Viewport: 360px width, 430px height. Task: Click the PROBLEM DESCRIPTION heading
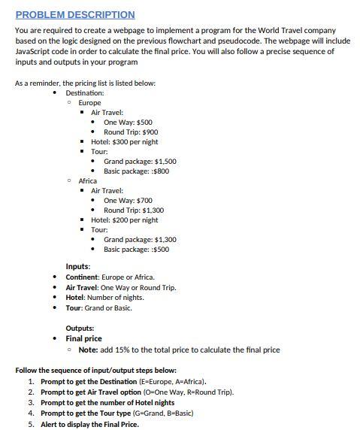75,14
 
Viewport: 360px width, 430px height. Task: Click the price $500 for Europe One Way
144,122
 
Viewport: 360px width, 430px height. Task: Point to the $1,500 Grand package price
166,161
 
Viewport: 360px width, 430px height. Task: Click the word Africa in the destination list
88,180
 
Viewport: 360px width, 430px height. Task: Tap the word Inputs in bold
78,267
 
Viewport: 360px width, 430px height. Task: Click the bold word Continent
82,277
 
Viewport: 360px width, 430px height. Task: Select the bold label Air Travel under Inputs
82,287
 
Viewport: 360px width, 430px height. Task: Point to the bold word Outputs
80,329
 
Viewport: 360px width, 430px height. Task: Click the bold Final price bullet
83,338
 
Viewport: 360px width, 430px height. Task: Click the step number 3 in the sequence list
31,402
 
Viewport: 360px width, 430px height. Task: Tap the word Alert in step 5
51,423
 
